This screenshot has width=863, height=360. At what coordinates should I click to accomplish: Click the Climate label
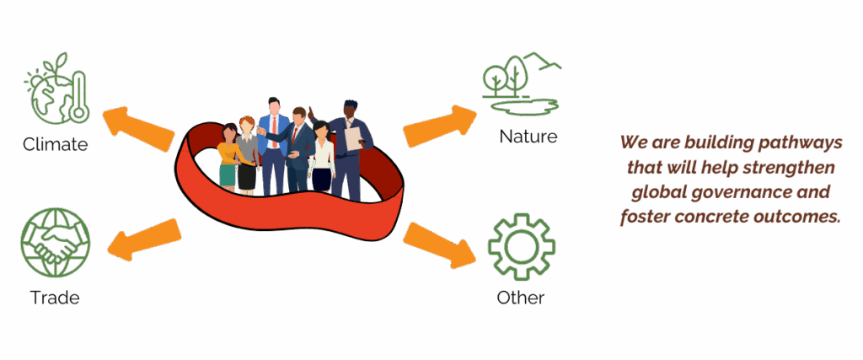[x=55, y=144]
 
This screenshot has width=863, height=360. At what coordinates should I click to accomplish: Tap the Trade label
[x=55, y=298]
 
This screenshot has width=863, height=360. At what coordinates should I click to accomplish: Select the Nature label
[x=528, y=136]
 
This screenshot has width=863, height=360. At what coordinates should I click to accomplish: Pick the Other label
[x=520, y=298]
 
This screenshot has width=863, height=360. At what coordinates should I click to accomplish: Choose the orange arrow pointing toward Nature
[x=439, y=125]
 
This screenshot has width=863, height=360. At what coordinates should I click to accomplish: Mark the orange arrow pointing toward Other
[x=438, y=244]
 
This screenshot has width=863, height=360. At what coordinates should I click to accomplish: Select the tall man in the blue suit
[x=273, y=143]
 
